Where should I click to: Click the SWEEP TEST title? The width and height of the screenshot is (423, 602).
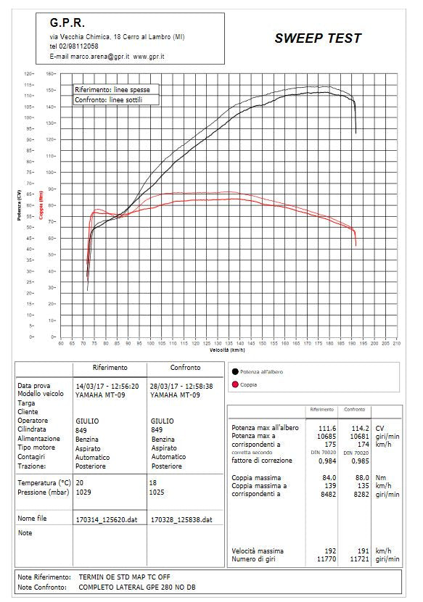(x=317, y=39)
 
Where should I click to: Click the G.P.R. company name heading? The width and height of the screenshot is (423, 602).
(x=68, y=23)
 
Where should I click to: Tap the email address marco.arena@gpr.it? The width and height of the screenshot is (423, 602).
(x=96, y=56)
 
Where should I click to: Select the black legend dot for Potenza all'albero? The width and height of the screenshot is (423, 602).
(x=235, y=371)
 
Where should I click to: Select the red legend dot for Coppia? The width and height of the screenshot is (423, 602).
(x=235, y=385)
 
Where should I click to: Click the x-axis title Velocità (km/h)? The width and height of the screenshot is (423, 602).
(x=228, y=350)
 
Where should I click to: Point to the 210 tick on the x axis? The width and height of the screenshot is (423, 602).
(x=395, y=343)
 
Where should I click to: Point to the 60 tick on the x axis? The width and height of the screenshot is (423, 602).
(x=61, y=343)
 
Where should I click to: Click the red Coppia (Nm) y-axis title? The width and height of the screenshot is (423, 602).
(x=41, y=205)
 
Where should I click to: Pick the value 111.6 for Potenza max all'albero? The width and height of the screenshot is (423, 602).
(x=329, y=428)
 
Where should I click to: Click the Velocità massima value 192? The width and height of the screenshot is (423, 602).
(x=331, y=551)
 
